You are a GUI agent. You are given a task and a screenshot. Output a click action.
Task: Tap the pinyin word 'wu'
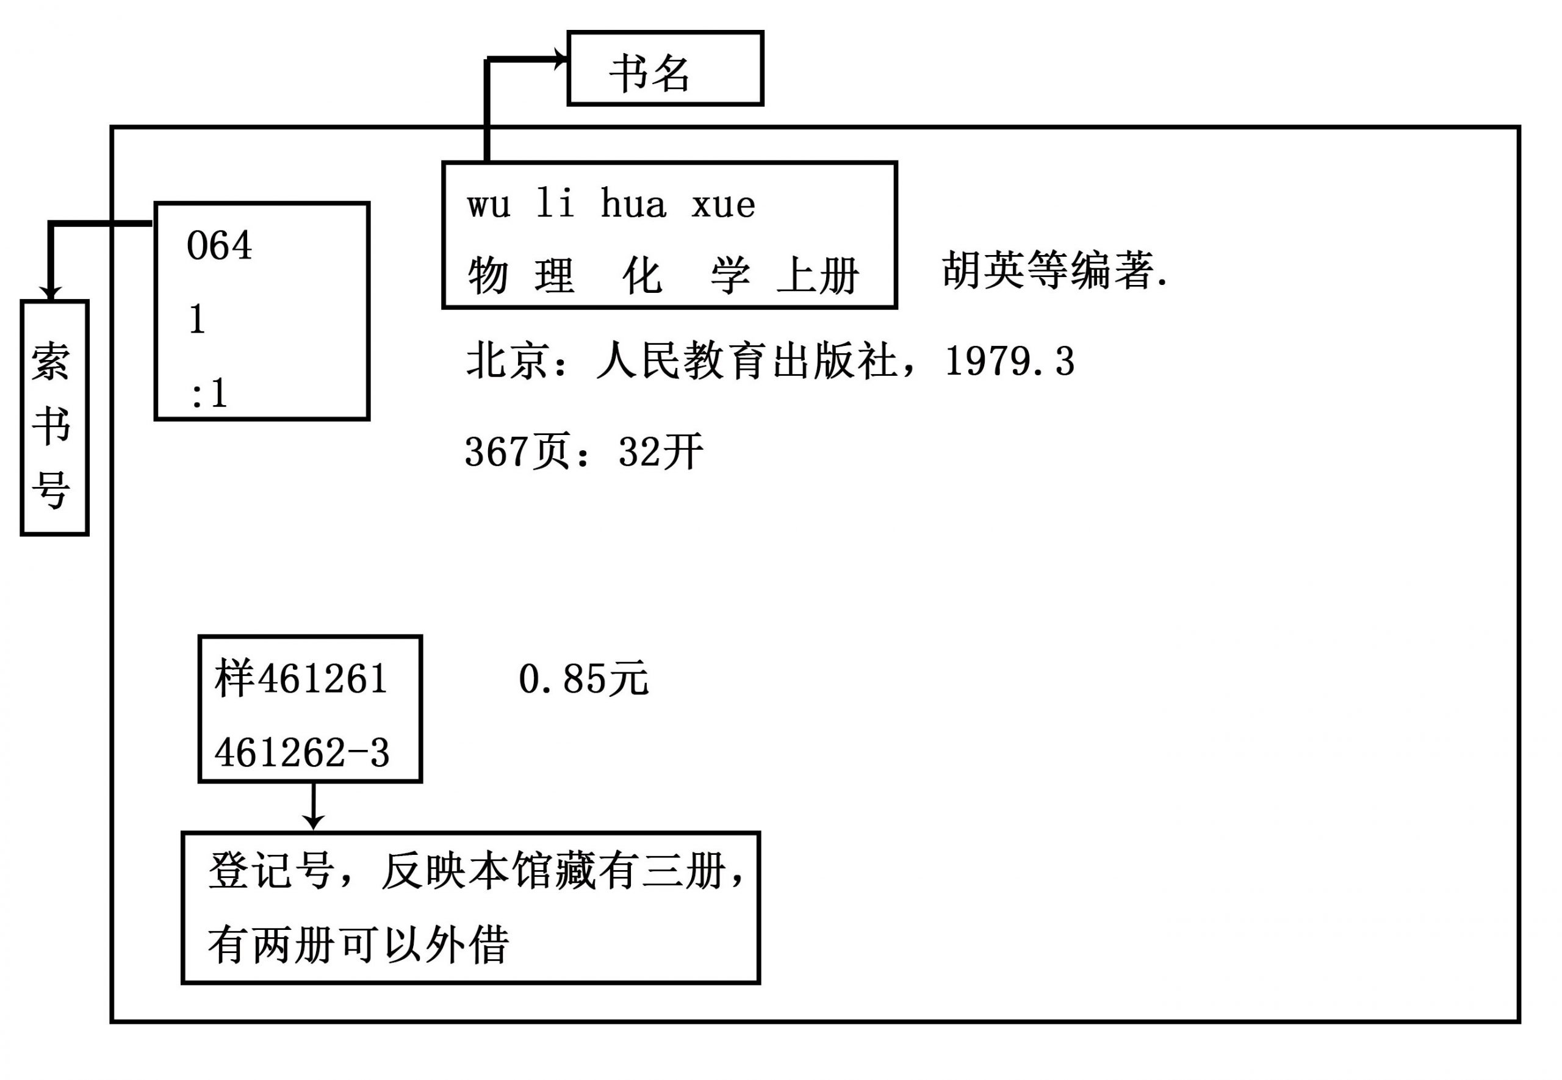point(488,205)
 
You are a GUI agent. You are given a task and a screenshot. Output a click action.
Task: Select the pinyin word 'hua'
point(633,203)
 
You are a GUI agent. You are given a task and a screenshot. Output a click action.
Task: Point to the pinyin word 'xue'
point(723,205)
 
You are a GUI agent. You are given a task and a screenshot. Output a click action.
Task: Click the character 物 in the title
point(488,275)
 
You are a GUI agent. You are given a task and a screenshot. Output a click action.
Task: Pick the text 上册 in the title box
point(818,275)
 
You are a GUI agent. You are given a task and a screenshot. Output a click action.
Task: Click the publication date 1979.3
point(1009,361)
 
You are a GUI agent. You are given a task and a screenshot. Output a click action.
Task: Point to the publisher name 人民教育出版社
point(746,361)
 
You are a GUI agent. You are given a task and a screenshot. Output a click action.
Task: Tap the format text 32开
point(661,452)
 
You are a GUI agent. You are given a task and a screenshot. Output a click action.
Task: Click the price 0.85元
point(584,679)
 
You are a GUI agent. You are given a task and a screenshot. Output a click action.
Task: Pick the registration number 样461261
point(301,679)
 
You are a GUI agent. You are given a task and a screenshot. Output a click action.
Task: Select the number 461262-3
point(301,752)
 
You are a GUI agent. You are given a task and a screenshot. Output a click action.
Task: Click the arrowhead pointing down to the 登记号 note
point(312,821)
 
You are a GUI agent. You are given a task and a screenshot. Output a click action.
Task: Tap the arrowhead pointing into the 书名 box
point(561,59)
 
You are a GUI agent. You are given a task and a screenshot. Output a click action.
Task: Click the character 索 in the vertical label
point(51,361)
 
